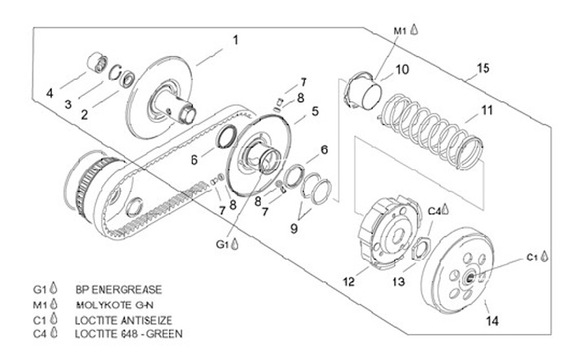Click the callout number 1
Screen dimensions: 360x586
click(x=236, y=39)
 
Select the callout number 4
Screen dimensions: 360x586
click(x=50, y=94)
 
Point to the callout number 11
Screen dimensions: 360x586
click(x=486, y=108)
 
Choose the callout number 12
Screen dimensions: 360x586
click(x=349, y=283)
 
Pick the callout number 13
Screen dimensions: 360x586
click(x=399, y=281)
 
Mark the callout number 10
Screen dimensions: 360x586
click(x=402, y=70)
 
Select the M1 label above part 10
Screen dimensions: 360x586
click(x=400, y=30)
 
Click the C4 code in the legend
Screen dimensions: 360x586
click(x=37, y=333)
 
